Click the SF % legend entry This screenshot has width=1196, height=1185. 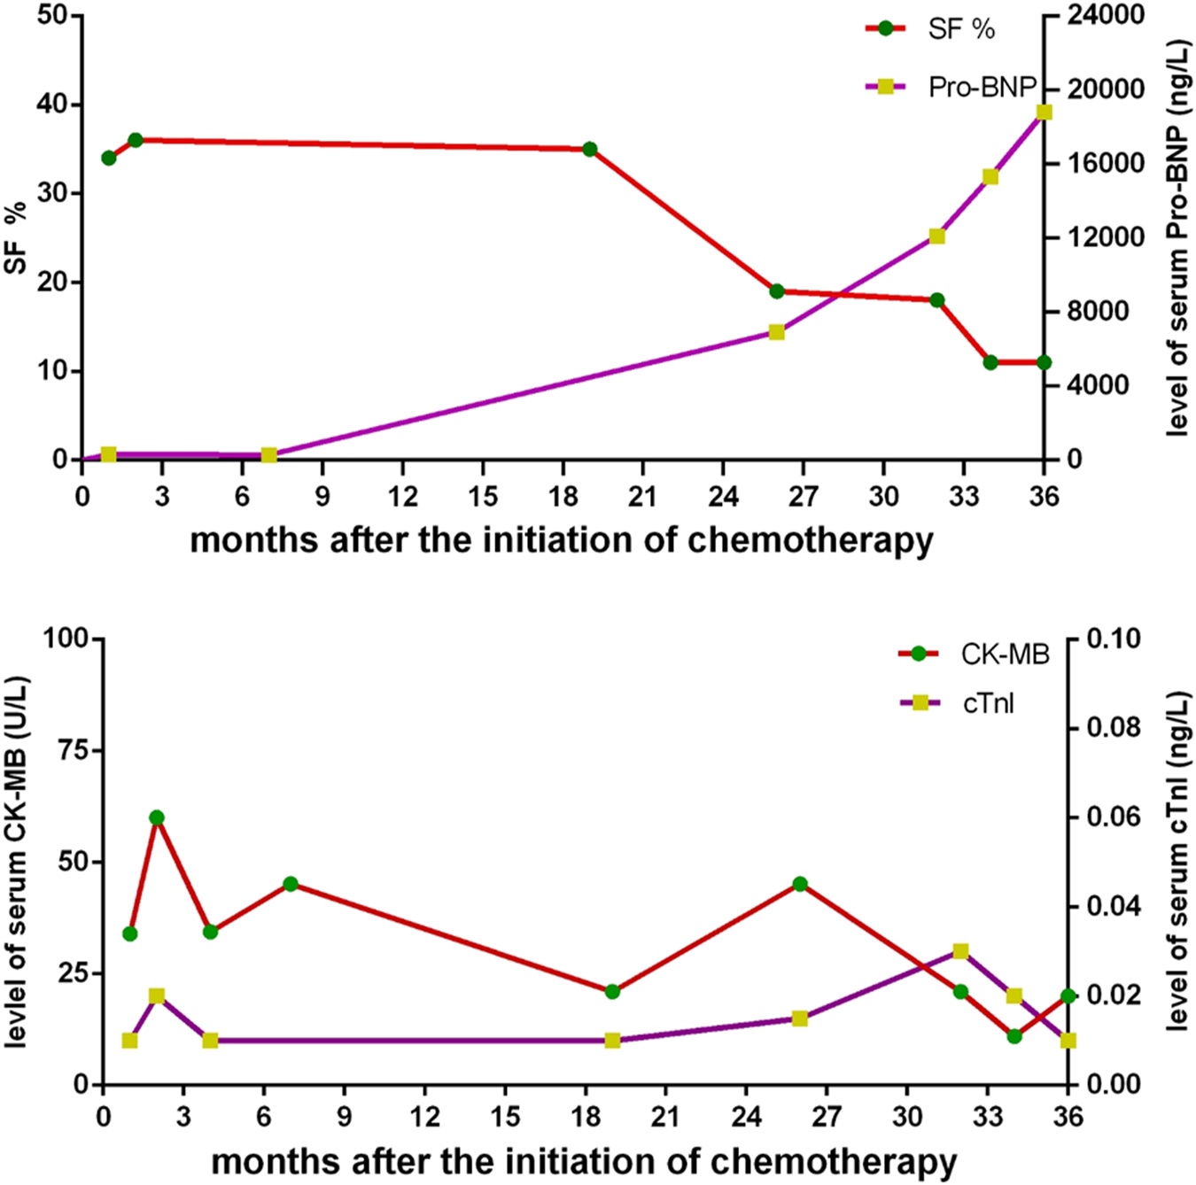930,29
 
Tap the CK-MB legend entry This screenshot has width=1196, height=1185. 975,654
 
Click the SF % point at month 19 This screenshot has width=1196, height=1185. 590,149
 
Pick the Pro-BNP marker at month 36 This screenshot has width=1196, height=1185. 1045,112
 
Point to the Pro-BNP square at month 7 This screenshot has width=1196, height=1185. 269,455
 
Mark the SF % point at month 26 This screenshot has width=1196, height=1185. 777,291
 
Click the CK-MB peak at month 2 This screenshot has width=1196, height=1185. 157,817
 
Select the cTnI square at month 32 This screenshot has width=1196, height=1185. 960,951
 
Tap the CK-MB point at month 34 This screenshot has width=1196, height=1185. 1014,1035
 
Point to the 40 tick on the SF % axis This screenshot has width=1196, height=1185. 53,105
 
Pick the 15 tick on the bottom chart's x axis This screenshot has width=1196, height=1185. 505,1116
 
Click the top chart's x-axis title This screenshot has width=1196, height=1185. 562,539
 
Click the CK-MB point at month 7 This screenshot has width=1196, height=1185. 291,884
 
